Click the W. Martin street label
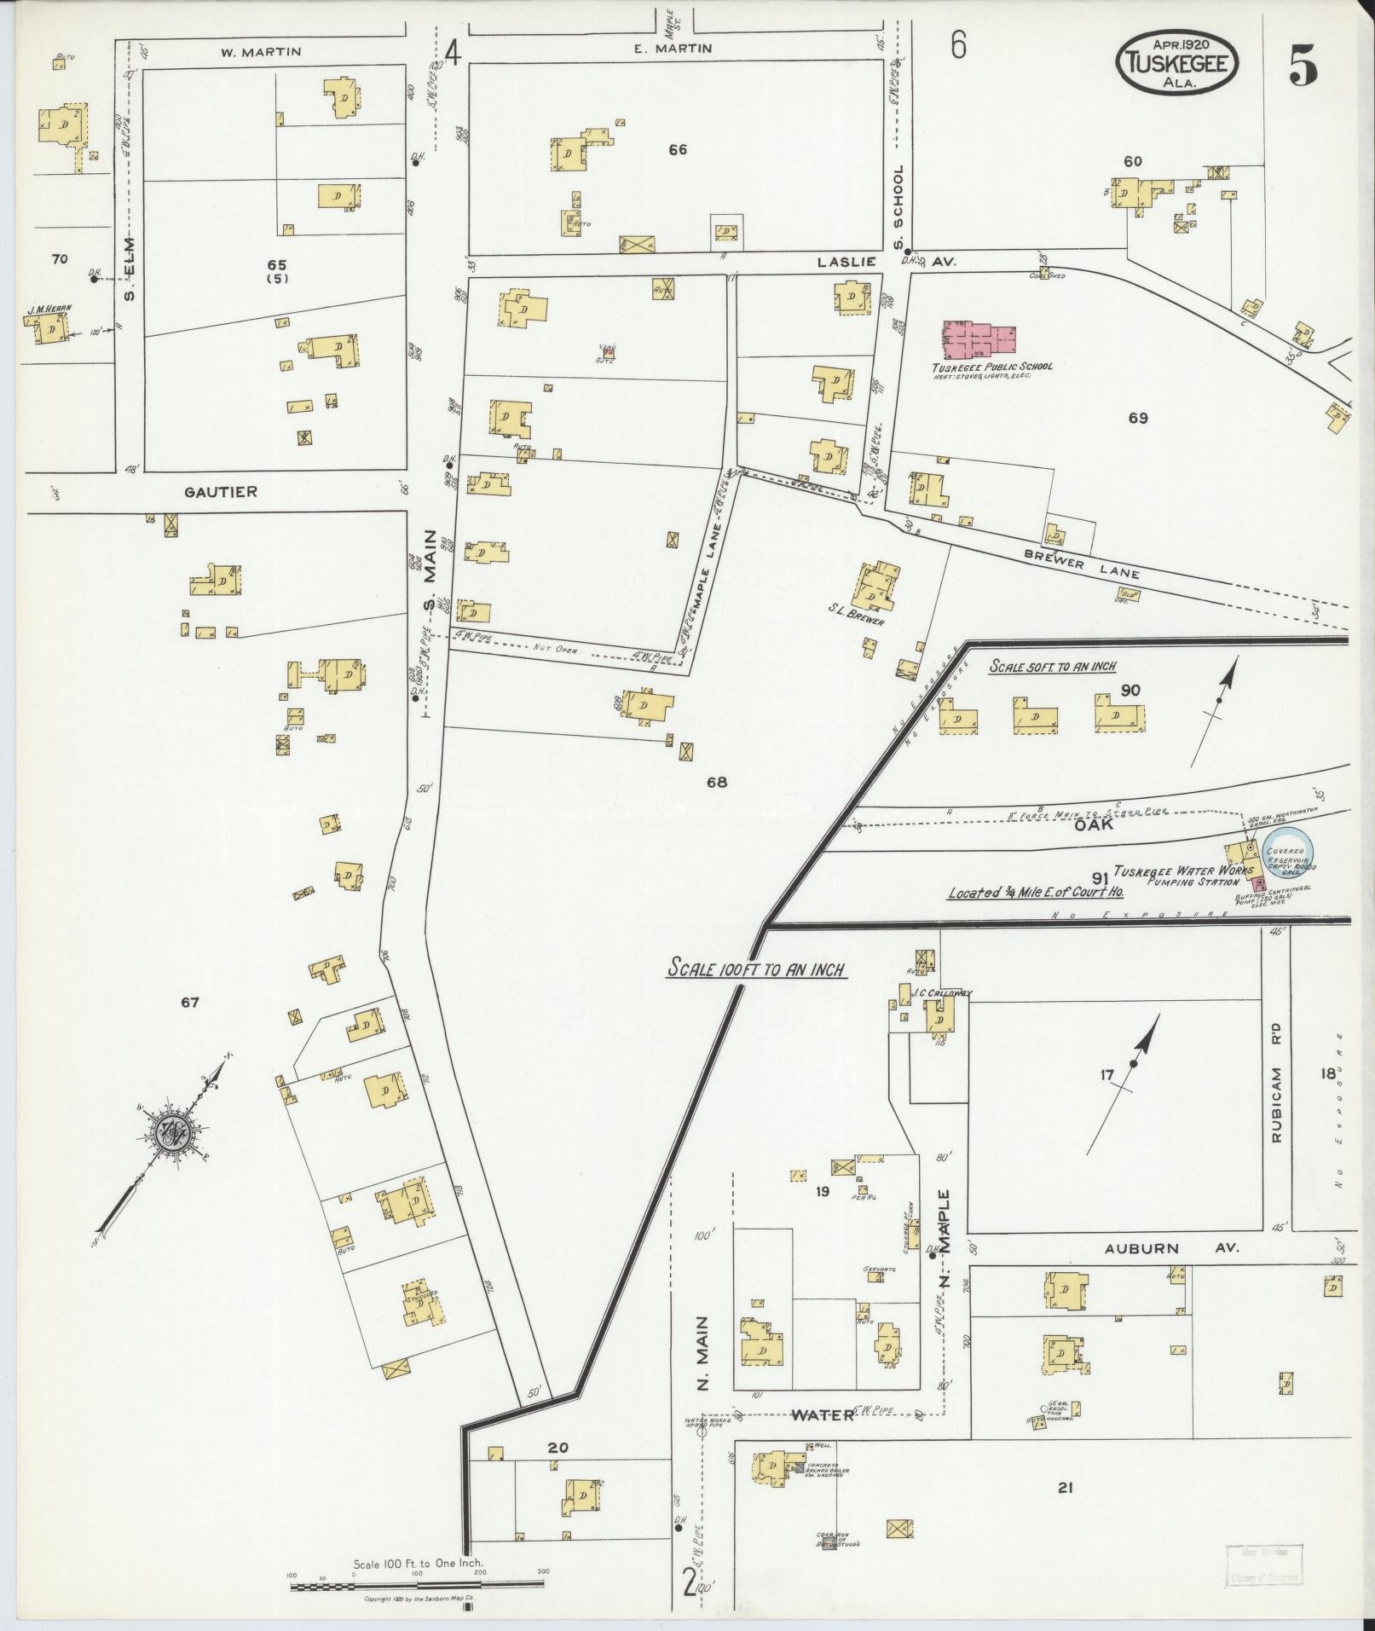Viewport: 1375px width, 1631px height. (261, 52)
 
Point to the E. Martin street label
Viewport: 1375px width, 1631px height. (673, 49)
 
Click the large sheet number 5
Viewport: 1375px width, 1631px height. (1302, 66)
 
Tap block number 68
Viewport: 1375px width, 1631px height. (716, 781)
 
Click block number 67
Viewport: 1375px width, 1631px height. (189, 1002)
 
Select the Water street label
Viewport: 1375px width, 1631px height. (822, 1414)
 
